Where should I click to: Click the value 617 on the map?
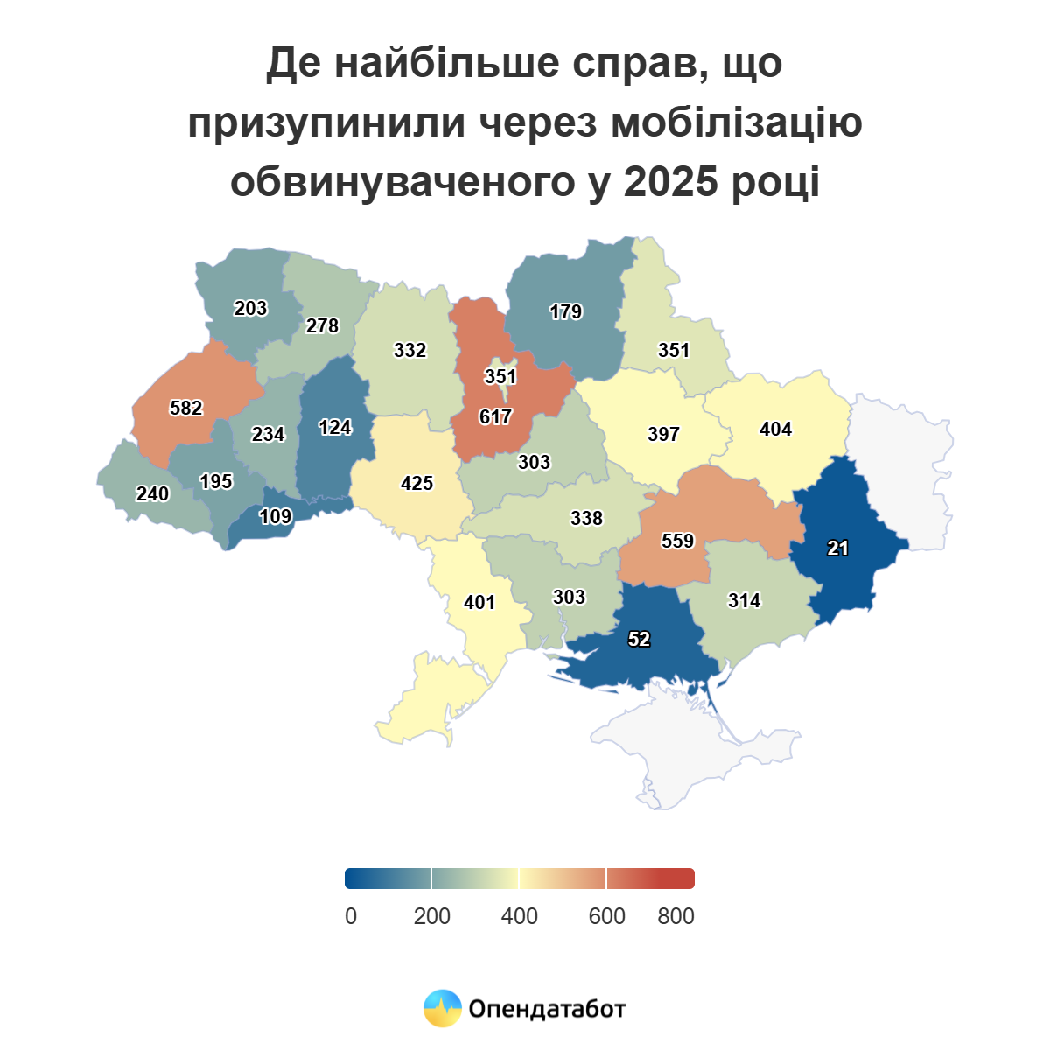(x=495, y=417)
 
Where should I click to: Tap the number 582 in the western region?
(x=186, y=409)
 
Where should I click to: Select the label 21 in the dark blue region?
(x=837, y=549)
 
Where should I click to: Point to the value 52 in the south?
(x=639, y=640)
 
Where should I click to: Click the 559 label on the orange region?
(x=677, y=542)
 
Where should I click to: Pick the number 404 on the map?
(x=775, y=430)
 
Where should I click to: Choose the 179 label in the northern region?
(x=565, y=312)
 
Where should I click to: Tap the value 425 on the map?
(x=416, y=484)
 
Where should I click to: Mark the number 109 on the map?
(x=275, y=517)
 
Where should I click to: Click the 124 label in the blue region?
(x=335, y=428)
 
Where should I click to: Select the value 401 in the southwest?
(x=479, y=603)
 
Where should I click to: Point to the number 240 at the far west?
(x=152, y=494)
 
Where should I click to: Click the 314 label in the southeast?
(x=744, y=601)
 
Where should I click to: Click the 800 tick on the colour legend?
(x=675, y=916)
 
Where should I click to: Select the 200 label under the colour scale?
(x=431, y=916)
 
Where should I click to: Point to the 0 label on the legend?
(x=351, y=916)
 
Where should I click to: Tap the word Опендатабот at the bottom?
(x=547, y=1009)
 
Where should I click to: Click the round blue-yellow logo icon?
(x=442, y=1008)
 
